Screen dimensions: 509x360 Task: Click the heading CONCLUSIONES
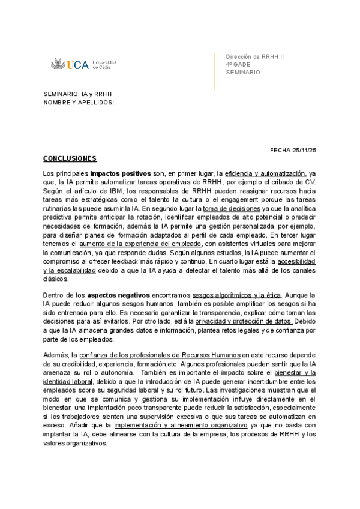pos(70,158)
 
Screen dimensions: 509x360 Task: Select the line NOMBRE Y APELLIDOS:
pos(79,103)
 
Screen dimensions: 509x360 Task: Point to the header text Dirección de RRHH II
pos(254,56)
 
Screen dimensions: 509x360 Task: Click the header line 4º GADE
pos(238,64)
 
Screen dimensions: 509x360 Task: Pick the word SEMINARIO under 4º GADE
pos(243,72)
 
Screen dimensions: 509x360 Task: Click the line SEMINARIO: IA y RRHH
pos(77,95)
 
